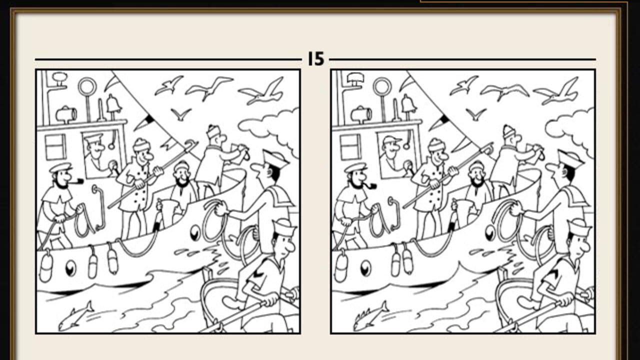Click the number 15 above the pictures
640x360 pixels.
click(x=316, y=59)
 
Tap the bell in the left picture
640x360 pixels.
click(x=113, y=104)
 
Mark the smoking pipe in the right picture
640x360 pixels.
click(x=371, y=186)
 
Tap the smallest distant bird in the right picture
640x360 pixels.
click(x=475, y=113)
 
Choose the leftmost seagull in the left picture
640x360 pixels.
click(x=168, y=85)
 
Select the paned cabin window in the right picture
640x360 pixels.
click(x=350, y=146)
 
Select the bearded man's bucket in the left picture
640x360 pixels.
click(x=169, y=211)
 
